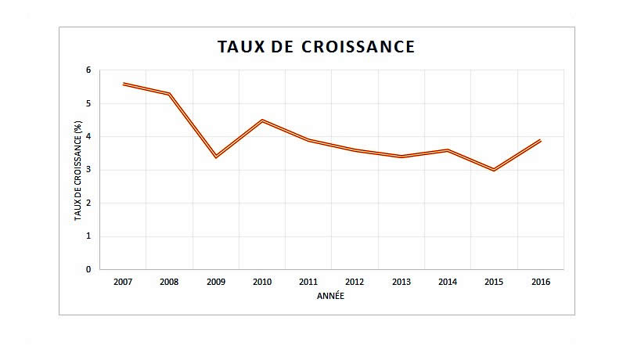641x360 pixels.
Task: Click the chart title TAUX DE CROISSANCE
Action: point(315,47)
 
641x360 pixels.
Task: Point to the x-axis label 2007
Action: point(123,282)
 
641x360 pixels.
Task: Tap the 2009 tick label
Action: point(216,282)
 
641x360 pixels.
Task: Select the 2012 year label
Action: point(355,282)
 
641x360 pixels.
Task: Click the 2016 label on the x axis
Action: point(540,282)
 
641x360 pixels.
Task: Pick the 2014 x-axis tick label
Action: point(448,282)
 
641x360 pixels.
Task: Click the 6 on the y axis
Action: point(88,70)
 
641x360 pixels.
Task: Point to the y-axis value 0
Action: point(88,269)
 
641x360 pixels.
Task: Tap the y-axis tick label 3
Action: point(88,170)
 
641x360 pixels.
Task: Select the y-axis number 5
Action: point(88,103)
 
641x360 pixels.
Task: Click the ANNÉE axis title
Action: point(330,297)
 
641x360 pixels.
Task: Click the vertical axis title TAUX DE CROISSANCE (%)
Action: point(78,170)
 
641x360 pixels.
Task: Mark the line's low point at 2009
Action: point(216,157)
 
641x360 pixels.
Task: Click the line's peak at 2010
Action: point(262,121)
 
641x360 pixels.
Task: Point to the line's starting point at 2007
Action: point(124,84)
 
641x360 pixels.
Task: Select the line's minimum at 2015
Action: point(494,170)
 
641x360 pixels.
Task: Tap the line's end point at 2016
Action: point(540,141)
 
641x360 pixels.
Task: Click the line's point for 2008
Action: point(170,94)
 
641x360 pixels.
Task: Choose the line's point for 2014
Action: point(448,150)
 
